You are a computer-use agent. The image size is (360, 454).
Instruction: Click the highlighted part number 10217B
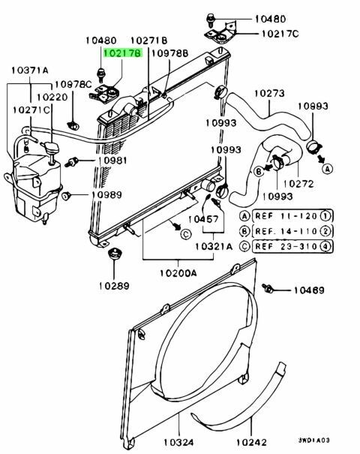coord(123,53)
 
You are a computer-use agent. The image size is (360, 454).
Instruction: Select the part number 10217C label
coord(280,34)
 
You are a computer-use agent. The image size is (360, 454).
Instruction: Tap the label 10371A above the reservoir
coord(30,71)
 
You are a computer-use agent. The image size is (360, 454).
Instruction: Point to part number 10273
coord(269,93)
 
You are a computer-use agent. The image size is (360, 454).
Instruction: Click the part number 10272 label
coord(298,184)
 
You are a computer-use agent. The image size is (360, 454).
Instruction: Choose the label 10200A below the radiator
coord(178,272)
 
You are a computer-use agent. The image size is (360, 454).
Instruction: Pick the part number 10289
coord(114,286)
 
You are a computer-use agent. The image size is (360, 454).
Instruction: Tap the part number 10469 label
coord(309,290)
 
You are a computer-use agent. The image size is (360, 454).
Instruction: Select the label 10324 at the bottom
coord(178,442)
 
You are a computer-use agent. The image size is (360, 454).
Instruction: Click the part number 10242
coord(251,442)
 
